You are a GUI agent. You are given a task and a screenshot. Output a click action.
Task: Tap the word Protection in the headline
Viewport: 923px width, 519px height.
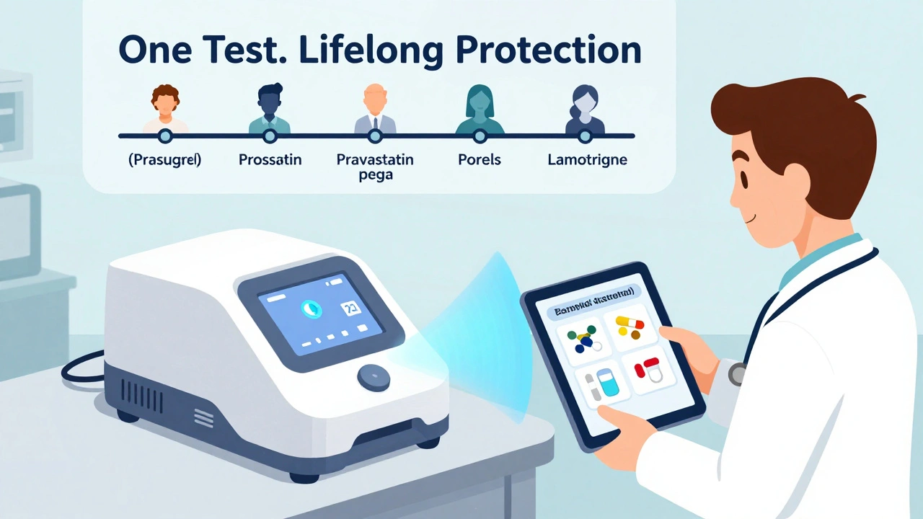click(555, 51)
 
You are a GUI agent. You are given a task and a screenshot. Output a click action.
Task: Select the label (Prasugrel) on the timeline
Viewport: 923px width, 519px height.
click(164, 160)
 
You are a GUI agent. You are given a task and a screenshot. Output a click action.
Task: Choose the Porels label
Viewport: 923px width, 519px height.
click(480, 160)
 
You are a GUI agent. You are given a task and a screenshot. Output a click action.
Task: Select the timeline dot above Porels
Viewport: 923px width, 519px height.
click(480, 136)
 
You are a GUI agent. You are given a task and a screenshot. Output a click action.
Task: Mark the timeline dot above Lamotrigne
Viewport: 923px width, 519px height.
click(585, 136)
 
